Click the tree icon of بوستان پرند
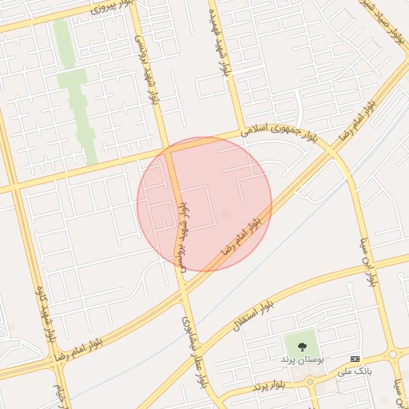(302, 347)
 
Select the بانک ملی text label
(355, 371)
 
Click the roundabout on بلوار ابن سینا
(394, 355)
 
